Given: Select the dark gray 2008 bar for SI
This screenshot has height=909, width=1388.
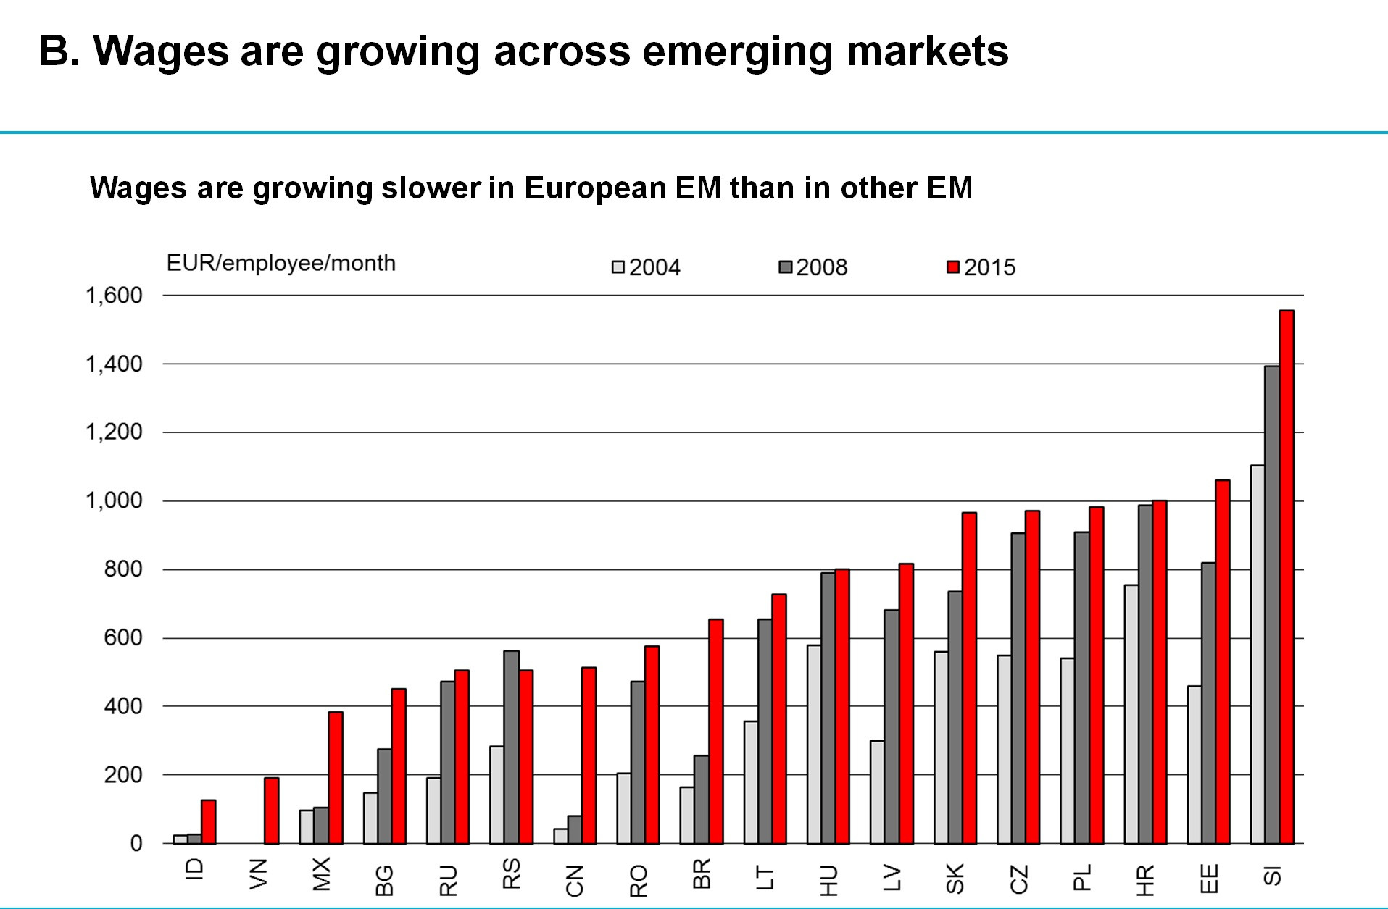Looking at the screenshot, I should pos(1272,605).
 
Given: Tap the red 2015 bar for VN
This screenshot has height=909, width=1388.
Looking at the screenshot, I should pos(272,810).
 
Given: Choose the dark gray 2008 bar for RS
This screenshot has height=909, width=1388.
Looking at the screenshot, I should pos(511,747).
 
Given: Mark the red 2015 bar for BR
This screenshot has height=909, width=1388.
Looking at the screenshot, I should pos(715,731).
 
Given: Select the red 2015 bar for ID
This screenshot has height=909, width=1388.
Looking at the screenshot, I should pos(208,821).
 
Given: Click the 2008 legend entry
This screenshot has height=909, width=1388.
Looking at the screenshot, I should pos(813,267).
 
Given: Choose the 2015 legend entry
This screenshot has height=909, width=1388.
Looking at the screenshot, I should pos(981,267).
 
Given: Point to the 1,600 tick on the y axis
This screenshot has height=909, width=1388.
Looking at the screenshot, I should pos(115,296).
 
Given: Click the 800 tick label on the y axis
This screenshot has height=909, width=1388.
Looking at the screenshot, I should pos(123,569).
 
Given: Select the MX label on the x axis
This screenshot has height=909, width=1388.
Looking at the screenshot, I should pos(321,874).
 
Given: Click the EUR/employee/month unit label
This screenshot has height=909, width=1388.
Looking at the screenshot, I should pos(281,263).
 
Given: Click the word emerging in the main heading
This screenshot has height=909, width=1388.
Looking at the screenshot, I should pos(738,51).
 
